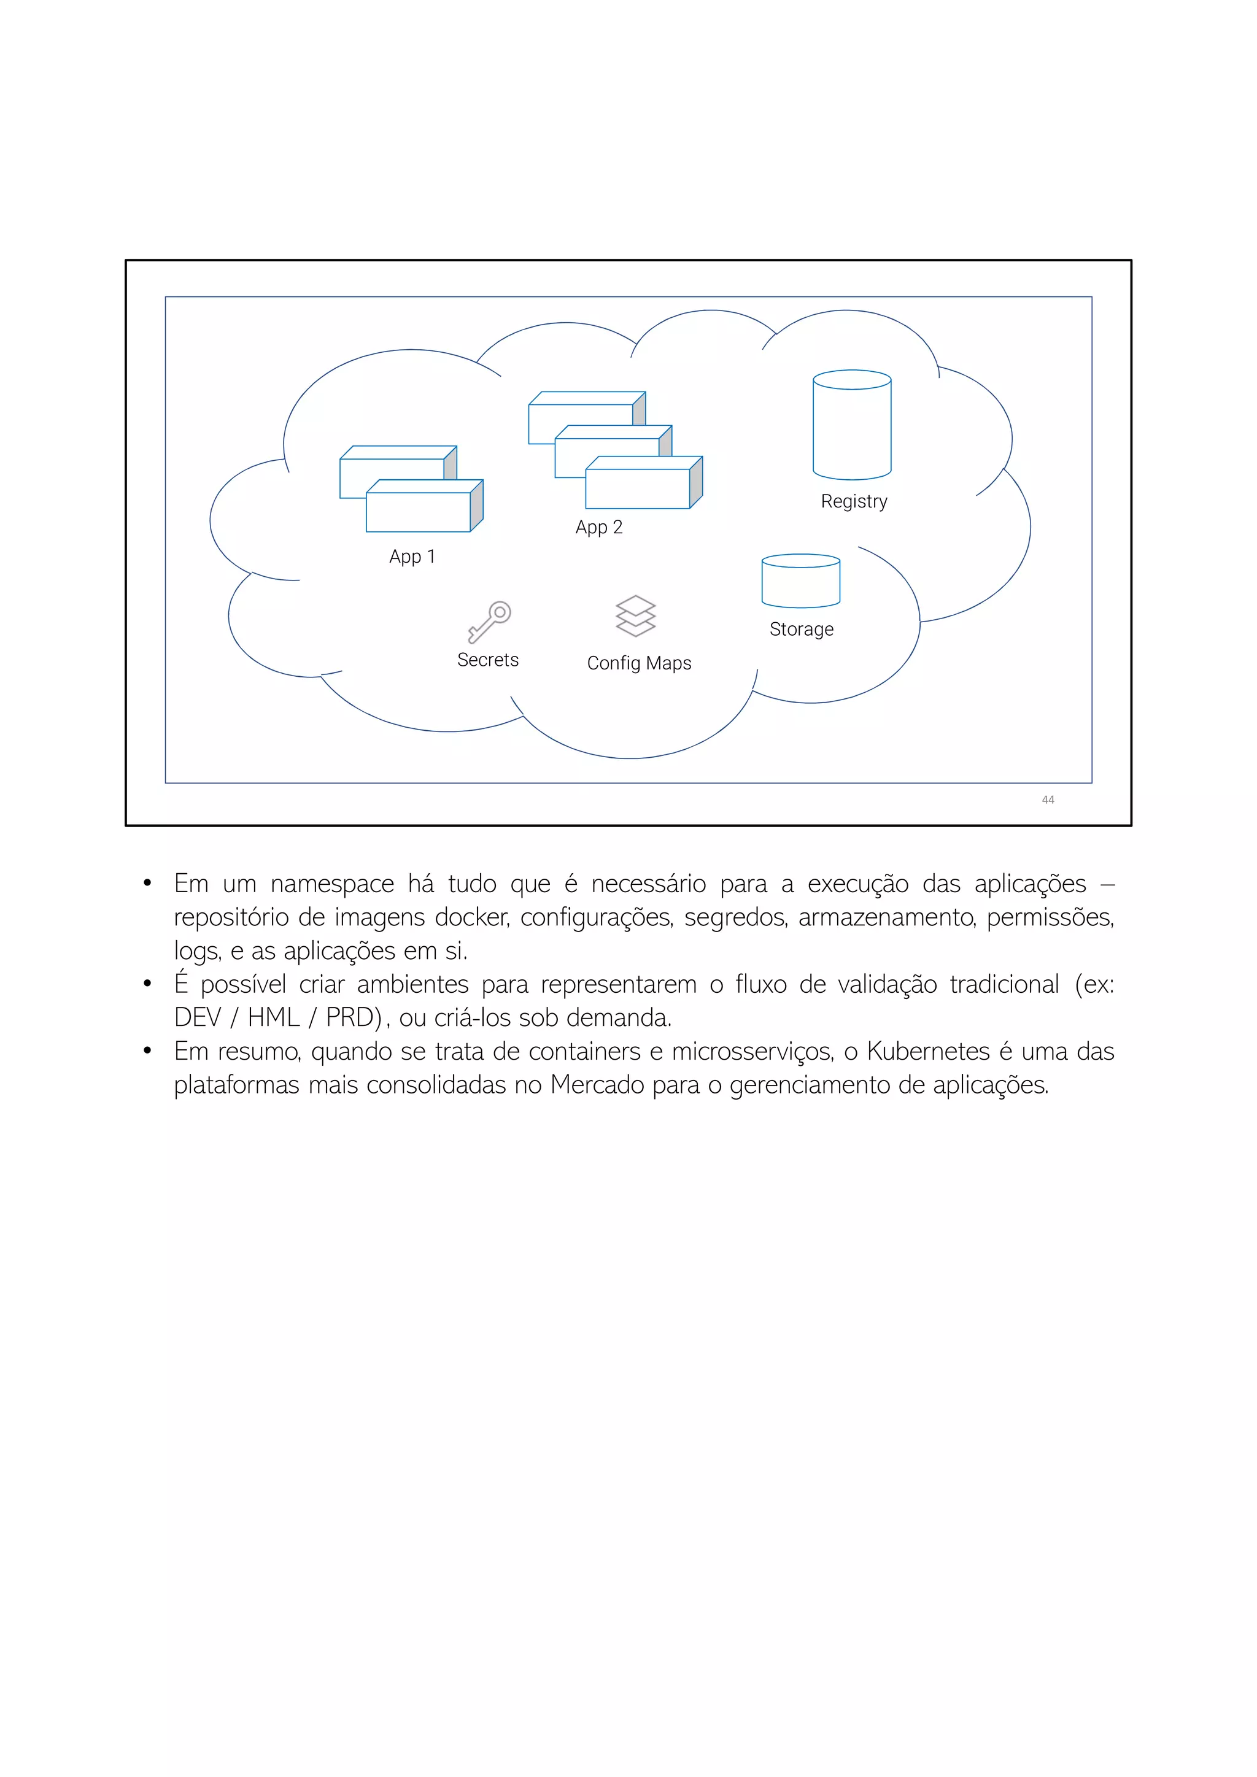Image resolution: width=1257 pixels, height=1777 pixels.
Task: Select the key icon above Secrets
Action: pyautogui.click(x=489, y=622)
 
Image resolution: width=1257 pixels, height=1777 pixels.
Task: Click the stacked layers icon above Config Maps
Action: pyautogui.click(x=635, y=616)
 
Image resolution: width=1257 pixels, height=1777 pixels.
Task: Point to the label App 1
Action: pyautogui.click(x=412, y=557)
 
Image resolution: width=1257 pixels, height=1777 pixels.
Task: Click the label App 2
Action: pyautogui.click(x=598, y=527)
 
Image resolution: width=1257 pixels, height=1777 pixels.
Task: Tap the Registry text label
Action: pyautogui.click(x=854, y=501)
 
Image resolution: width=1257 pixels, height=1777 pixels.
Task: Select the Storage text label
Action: pyautogui.click(x=801, y=629)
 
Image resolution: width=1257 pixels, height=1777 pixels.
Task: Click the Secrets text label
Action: pyautogui.click(x=487, y=660)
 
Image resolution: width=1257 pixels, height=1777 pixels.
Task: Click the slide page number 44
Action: pyautogui.click(x=1048, y=800)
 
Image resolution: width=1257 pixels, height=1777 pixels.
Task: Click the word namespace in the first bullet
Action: pyautogui.click(x=332, y=884)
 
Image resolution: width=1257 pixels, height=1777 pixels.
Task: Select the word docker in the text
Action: pyautogui.click(x=471, y=917)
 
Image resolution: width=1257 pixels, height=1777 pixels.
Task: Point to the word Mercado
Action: pyautogui.click(x=598, y=1085)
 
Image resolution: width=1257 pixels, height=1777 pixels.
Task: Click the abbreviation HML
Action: pyautogui.click(x=273, y=1018)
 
